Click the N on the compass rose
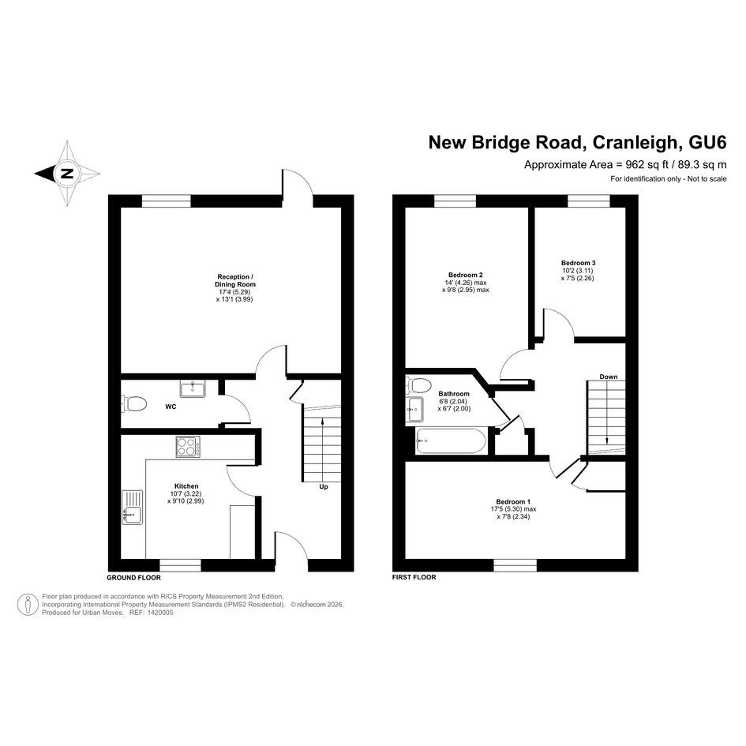(67, 173)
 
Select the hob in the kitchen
(188, 447)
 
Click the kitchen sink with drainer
(133, 507)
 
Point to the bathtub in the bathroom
(451, 441)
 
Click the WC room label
(171, 407)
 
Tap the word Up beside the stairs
(324, 487)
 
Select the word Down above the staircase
(608, 377)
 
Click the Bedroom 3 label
(578, 263)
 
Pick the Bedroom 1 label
(513, 501)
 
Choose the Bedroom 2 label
(465, 275)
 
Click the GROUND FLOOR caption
(133, 578)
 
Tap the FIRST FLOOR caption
(414, 577)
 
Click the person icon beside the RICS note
(28, 605)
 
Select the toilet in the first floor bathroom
(418, 384)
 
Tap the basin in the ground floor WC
(193, 388)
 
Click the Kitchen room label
(186, 485)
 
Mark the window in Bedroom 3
(589, 201)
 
